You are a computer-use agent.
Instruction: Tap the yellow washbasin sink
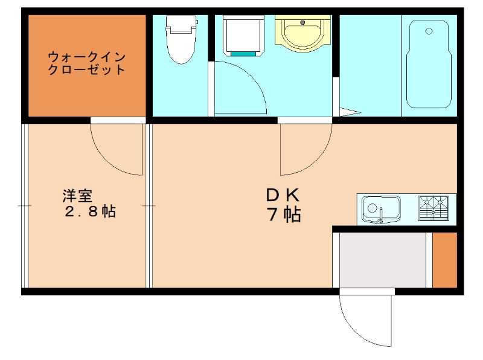click(x=303, y=33)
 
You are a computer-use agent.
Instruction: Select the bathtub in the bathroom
click(x=429, y=63)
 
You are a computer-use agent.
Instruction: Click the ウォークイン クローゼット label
click(x=87, y=63)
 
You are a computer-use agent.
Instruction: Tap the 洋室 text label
click(x=77, y=196)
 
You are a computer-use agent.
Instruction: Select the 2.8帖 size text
click(x=91, y=212)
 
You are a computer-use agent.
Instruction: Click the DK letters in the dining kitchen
click(x=283, y=195)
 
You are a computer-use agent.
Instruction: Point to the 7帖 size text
click(x=284, y=214)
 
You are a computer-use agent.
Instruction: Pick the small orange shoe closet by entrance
click(x=444, y=260)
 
